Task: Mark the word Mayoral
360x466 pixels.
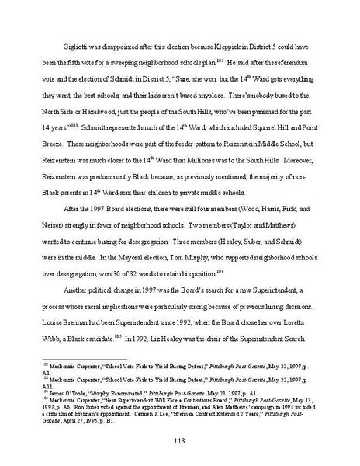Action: point(137,273)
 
